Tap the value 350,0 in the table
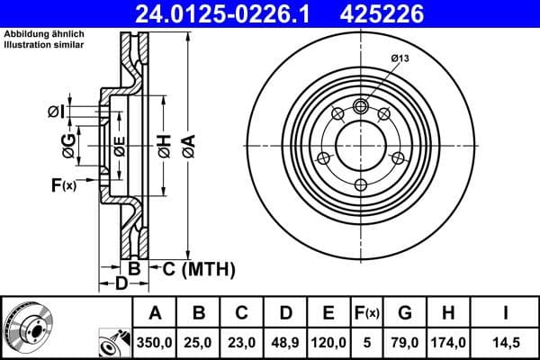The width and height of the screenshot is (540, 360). [x=155, y=342]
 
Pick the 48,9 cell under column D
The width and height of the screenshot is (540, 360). [x=285, y=342]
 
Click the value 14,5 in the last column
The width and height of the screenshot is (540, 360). [x=507, y=342]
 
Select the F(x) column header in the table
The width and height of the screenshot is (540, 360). [x=367, y=314]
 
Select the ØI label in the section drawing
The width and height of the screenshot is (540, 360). [x=56, y=112]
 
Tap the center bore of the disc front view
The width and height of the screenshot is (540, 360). [x=361, y=147]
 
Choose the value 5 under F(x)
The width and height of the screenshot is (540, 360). [x=367, y=342]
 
